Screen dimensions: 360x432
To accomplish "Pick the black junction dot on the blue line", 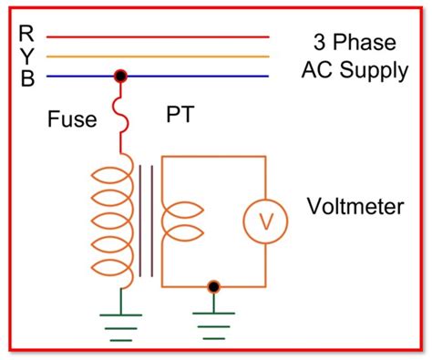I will tap(119, 77).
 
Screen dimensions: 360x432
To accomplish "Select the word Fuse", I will tap(71, 120).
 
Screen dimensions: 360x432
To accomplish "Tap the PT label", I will tap(179, 116).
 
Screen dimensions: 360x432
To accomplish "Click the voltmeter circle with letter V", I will tap(265, 220).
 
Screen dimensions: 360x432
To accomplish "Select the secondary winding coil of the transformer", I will tap(178, 220).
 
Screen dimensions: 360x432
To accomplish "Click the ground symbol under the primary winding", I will tap(119, 324).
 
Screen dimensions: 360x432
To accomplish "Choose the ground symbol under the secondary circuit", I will tap(214, 324).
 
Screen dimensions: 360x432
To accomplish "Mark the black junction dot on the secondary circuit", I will tap(214, 287).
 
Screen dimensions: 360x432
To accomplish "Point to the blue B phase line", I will tap(201, 77).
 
